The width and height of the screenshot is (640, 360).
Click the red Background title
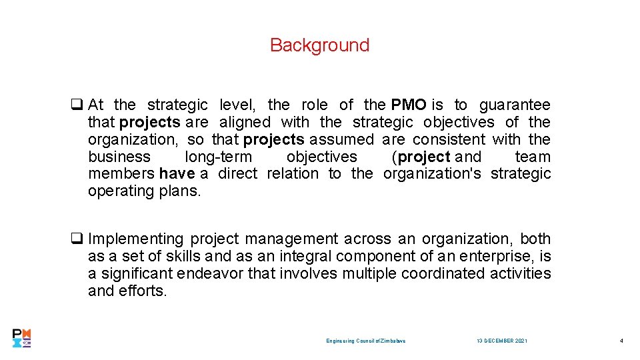coord(319,45)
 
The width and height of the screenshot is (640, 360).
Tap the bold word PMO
coord(409,105)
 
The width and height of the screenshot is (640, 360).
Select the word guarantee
coord(515,105)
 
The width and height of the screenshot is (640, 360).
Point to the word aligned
coord(245,122)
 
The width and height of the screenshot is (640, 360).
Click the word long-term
coord(219,157)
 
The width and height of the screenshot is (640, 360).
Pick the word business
coord(119,157)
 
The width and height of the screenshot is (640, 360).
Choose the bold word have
coord(177,174)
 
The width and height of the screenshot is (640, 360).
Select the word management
coord(301,239)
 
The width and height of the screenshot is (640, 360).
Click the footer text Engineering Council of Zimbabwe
coord(366,341)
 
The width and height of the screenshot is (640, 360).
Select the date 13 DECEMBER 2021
coord(502,341)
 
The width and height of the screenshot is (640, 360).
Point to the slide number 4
coord(621,341)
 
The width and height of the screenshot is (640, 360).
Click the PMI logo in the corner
coord(22,338)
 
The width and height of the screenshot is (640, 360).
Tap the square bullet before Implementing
coord(77,239)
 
